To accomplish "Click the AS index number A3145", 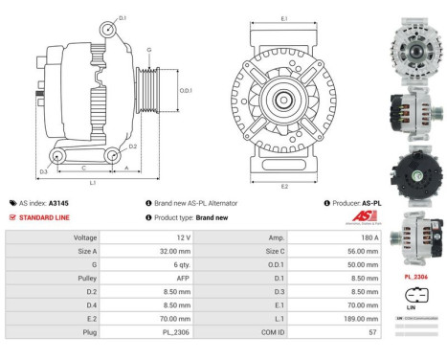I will click(x=58, y=203).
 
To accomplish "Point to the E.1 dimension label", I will click(x=286, y=18).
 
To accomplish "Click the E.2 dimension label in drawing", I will click(x=284, y=185).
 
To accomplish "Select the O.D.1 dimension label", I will click(x=185, y=90).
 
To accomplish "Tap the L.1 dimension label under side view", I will click(x=92, y=182).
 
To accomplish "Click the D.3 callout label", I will click(x=44, y=172).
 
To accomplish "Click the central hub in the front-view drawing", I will click(x=284, y=101).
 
